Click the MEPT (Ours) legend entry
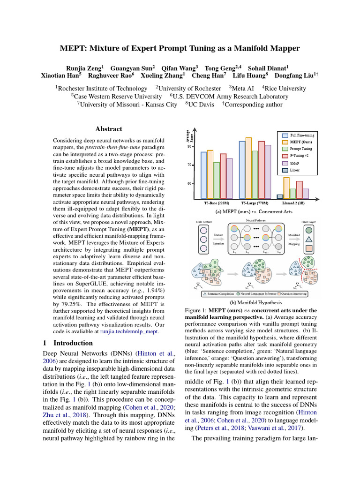point(300,142)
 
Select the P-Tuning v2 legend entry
point(300,155)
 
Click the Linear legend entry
point(295,170)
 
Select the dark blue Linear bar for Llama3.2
point(280,197)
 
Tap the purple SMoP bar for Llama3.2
point(305,194)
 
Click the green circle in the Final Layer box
point(309,230)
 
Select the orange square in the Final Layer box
point(309,249)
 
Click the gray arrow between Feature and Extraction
point(218,239)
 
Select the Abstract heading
point(109,129)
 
